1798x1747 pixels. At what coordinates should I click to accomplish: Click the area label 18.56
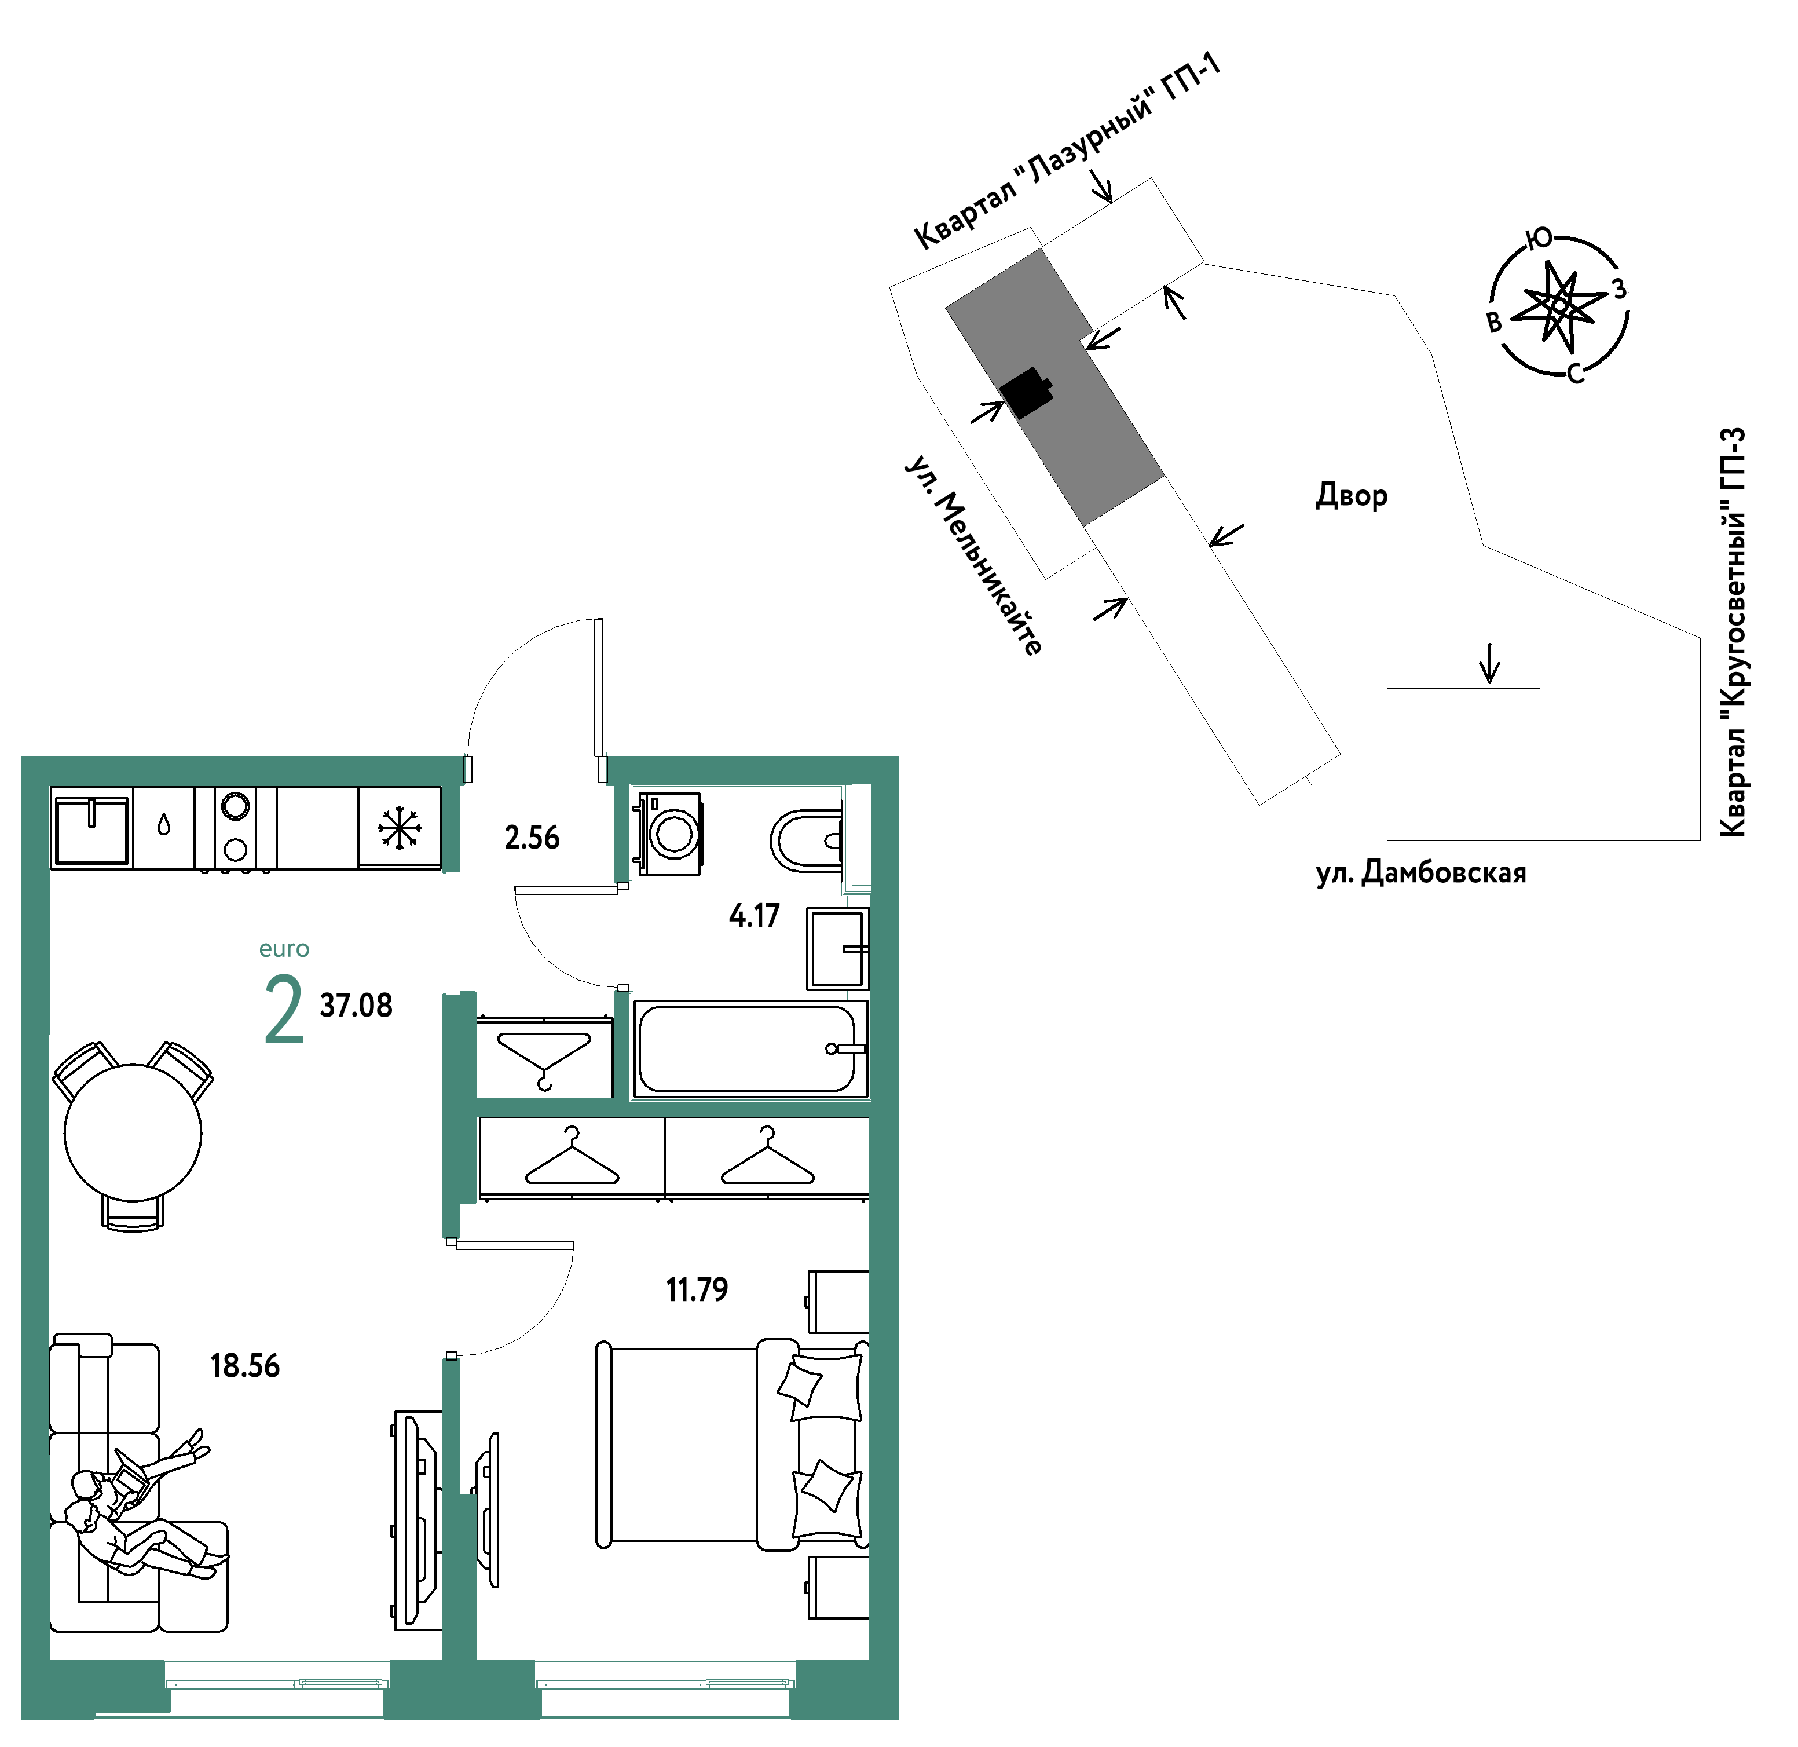pyautogui.click(x=245, y=1366)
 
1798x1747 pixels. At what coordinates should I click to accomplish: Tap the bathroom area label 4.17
pyautogui.click(x=754, y=916)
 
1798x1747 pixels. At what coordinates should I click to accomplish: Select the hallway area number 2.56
pyautogui.click(x=532, y=838)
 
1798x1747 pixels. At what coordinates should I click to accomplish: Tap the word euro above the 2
pyautogui.click(x=284, y=949)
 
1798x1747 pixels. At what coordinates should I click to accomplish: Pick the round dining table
pyautogui.click(x=133, y=1132)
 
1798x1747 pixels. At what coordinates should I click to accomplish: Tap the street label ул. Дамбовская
pyautogui.click(x=1421, y=872)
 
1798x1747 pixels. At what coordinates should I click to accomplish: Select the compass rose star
pyautogui.click(x=1559, y=305)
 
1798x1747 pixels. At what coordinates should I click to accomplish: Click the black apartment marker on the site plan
pyautogui.click(x=1026, y=393)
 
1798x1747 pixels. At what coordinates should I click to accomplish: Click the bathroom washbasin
pyautogui.click(x=837, y=949)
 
